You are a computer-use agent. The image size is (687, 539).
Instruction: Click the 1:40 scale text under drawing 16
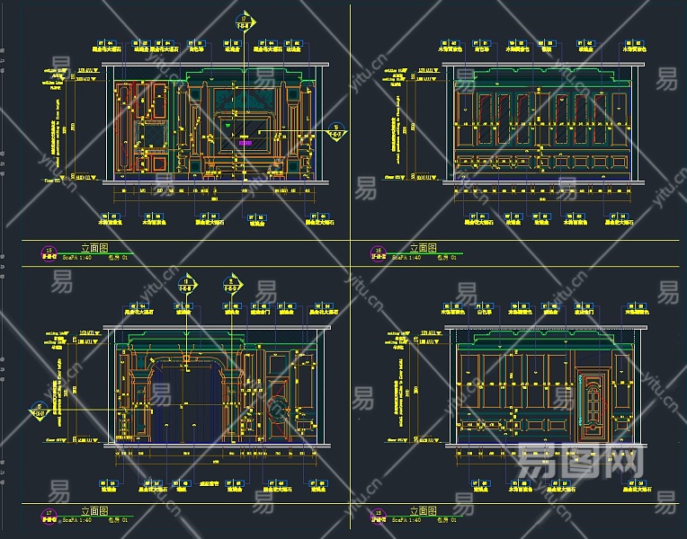(412, 258)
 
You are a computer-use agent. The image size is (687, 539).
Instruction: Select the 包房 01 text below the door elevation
(446, 520)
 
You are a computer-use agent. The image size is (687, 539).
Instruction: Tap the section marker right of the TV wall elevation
(335, 133)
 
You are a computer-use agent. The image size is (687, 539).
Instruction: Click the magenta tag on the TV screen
(245, 141)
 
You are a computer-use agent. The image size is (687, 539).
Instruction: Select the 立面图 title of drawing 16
(423, 248)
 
